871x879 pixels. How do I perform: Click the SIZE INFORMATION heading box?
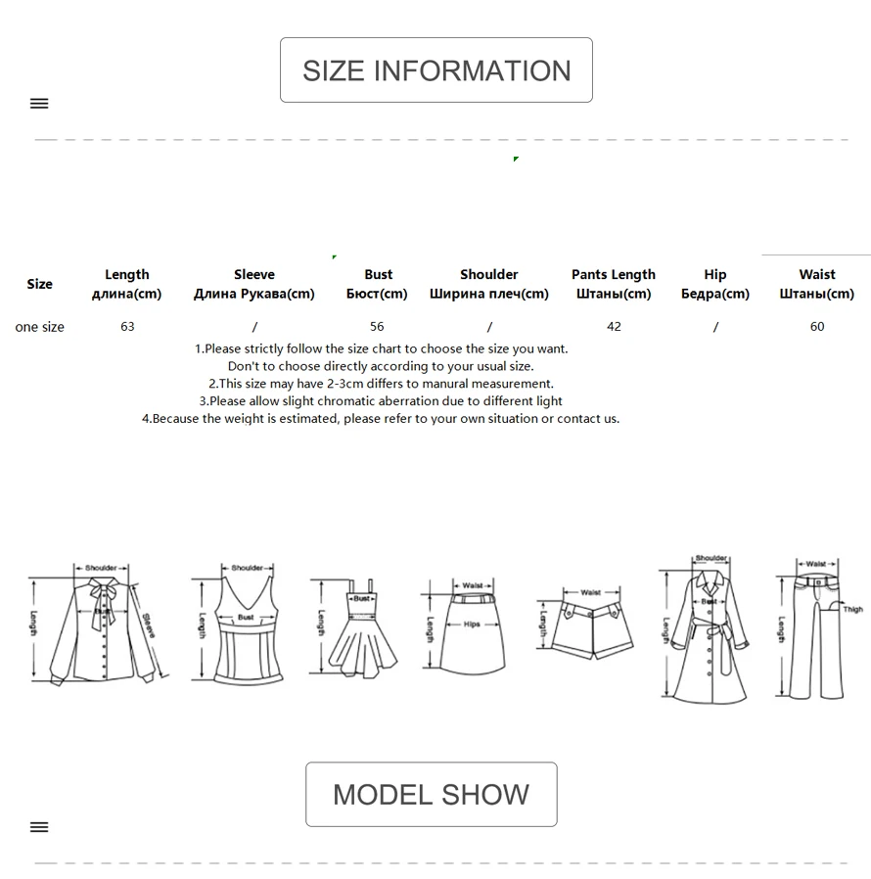pos(435,70)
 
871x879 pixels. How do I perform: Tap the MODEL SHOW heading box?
pos(431,794)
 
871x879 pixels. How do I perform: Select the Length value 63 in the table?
pos(127,326)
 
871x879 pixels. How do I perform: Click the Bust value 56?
pos(377,326)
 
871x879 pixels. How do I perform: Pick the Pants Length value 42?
pos(614,326)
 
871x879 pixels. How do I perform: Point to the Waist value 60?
pos(817,326)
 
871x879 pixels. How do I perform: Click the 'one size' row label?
pos(39,327)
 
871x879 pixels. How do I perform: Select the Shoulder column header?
pos(489,284)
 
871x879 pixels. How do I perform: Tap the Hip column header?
pos(715,284)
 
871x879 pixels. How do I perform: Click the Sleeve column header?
pos(254,284)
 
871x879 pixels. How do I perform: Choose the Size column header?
pos(39,284)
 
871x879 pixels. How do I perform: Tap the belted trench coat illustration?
pos(708,631)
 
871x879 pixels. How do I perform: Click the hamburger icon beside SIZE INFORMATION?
pos(39,104)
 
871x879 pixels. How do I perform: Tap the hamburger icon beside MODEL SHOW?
pos(39,827)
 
